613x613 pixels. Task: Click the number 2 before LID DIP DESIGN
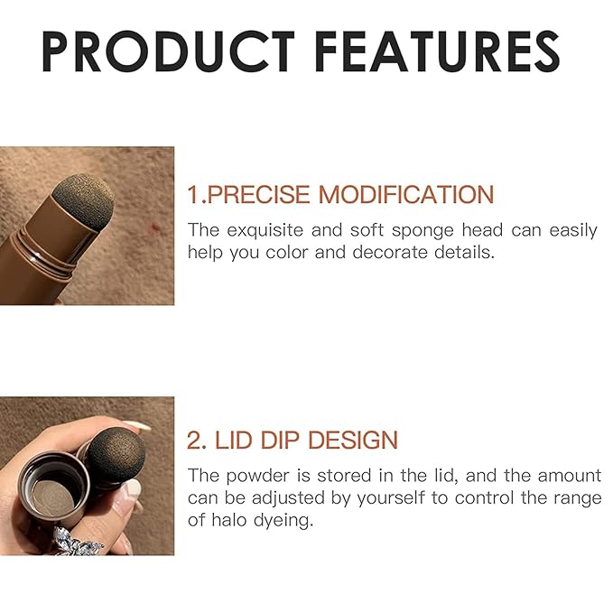(x=194, y=441)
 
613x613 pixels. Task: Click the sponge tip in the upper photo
(x=86, y=200)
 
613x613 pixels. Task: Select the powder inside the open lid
(x=52, y=494)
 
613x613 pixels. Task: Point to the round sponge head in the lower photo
(x=112, y=455)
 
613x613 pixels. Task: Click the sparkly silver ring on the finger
(x=77, y=539)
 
